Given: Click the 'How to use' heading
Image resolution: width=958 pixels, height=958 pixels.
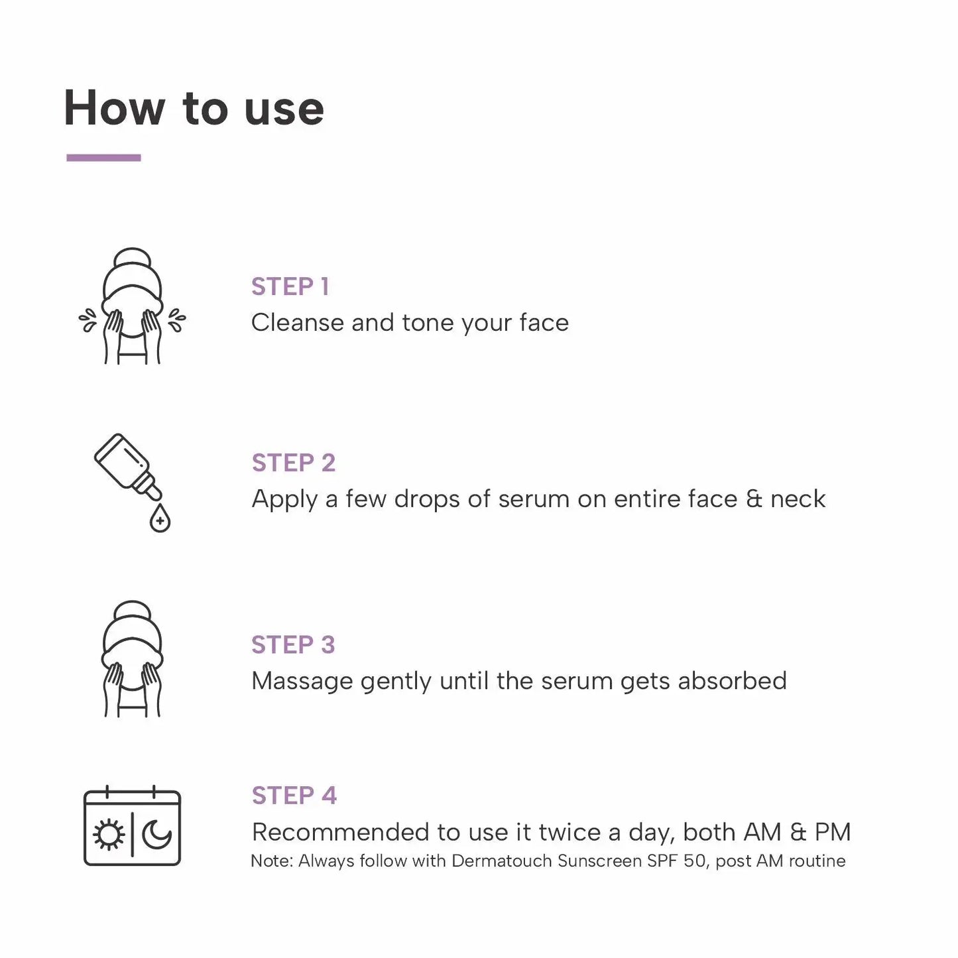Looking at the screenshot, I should coord(194,108).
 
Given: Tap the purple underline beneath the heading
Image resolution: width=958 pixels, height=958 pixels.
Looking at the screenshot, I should coord(103,158).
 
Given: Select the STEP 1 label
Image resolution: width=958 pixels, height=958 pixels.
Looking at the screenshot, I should coord(290,286).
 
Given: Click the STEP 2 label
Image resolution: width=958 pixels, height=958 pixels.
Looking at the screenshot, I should coord(293,463).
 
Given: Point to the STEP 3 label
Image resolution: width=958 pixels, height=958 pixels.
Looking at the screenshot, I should coord(293,644).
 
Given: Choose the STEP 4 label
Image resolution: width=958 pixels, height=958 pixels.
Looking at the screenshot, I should coord(294,795).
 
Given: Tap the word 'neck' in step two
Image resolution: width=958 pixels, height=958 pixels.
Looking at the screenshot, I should coord(798,499).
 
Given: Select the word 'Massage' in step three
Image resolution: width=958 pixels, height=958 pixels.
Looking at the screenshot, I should coord(302,682).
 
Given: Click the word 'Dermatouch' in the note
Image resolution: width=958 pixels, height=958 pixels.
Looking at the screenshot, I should coord(501,861).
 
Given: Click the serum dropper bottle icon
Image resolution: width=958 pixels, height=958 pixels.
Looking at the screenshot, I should coord(127,466).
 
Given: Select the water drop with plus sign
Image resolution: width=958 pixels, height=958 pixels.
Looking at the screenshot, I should coord(160,518).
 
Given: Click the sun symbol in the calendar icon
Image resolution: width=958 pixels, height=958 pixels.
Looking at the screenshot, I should coord(109,835).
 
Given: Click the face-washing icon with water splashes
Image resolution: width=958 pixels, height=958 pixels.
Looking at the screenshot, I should coord(132,306).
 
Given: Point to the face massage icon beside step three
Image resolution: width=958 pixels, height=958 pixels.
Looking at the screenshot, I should coord(132,659).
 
